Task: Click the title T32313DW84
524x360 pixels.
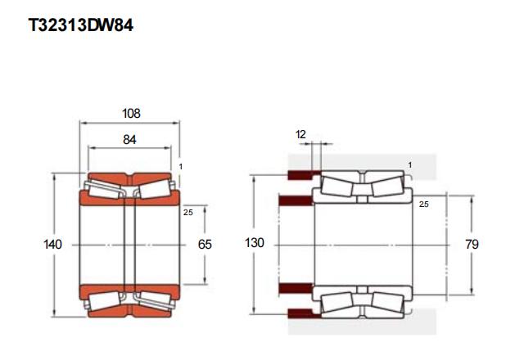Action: (x=80, y=25)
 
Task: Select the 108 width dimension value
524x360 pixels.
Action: (x=131, y=114)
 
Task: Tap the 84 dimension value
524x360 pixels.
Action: (x=129, y=140)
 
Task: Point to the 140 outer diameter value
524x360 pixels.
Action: (x=52, y=244)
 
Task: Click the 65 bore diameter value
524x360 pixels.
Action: (x=205, y=244)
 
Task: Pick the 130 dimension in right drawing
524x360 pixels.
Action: (x=255, y=243)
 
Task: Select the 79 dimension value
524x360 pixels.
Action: (x=472, y=244)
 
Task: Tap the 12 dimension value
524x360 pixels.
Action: (x=300, y=134)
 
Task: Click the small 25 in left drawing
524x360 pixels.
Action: (x=187, y=213)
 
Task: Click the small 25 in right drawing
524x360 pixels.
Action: (x=424, y=204)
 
